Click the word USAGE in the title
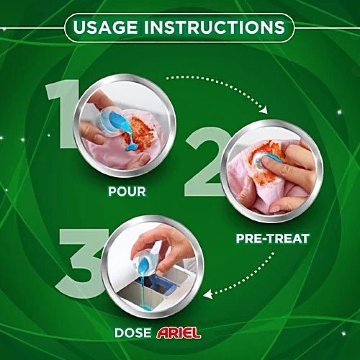coord(105,27)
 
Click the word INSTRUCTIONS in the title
coord(215,27)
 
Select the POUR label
coord(127,191)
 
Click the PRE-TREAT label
coord(273,238)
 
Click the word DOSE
coord(133,333)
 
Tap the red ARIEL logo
coord(178,333)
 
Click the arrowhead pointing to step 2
coord(264,110)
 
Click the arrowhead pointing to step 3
coord(208,294)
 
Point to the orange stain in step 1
coord(139,133)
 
